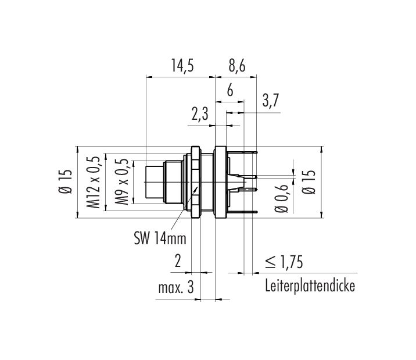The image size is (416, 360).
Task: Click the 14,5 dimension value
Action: [x=182, y=66]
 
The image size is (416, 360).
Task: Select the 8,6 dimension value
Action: [x=237, y=66]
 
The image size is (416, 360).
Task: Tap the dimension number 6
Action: [x=230, y=90]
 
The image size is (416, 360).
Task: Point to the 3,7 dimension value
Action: [x=271, y=101]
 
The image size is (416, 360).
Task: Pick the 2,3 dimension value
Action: [x=200, y=115]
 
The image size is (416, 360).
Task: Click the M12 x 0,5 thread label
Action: [x=94, y=182]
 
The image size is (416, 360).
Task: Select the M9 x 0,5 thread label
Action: [x=122, y=181]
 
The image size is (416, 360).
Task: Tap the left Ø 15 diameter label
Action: [x=65, y=181]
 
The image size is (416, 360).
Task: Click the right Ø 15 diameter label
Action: [x=309, y=182]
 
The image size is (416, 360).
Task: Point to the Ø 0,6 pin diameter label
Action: [x=281, y=198]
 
